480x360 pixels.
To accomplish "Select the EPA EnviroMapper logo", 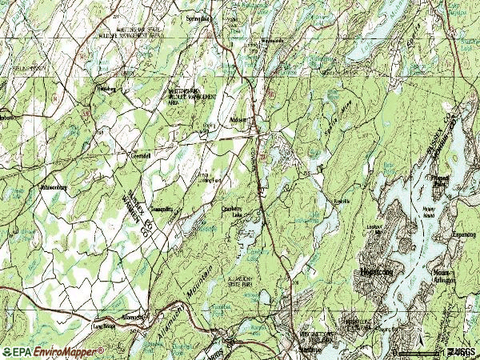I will tap(54, 351).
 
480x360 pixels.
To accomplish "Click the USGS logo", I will tap(462, 351).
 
